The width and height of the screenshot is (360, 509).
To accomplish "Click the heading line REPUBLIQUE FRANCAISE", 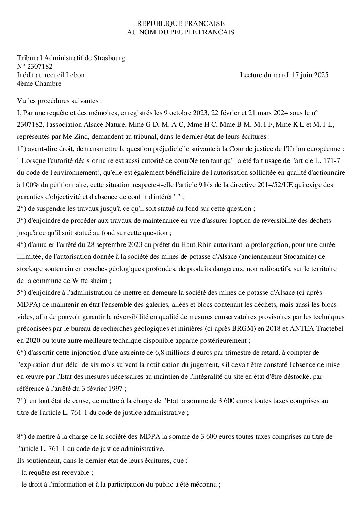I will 180,23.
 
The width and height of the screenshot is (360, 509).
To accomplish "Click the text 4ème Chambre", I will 39,83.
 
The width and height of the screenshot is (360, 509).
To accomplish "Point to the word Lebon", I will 76,75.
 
